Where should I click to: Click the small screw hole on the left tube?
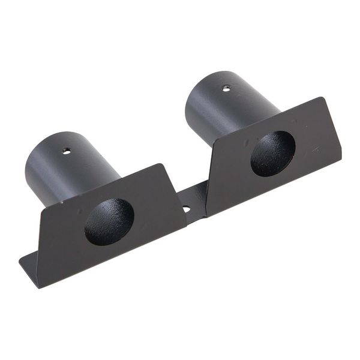point(67,150)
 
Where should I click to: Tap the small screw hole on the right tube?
point(226,88)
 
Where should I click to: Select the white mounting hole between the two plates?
point(186,209)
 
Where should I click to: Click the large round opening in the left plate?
point(109,221)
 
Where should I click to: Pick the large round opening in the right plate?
point(272,154)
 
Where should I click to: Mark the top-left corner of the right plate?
point(208,147)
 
